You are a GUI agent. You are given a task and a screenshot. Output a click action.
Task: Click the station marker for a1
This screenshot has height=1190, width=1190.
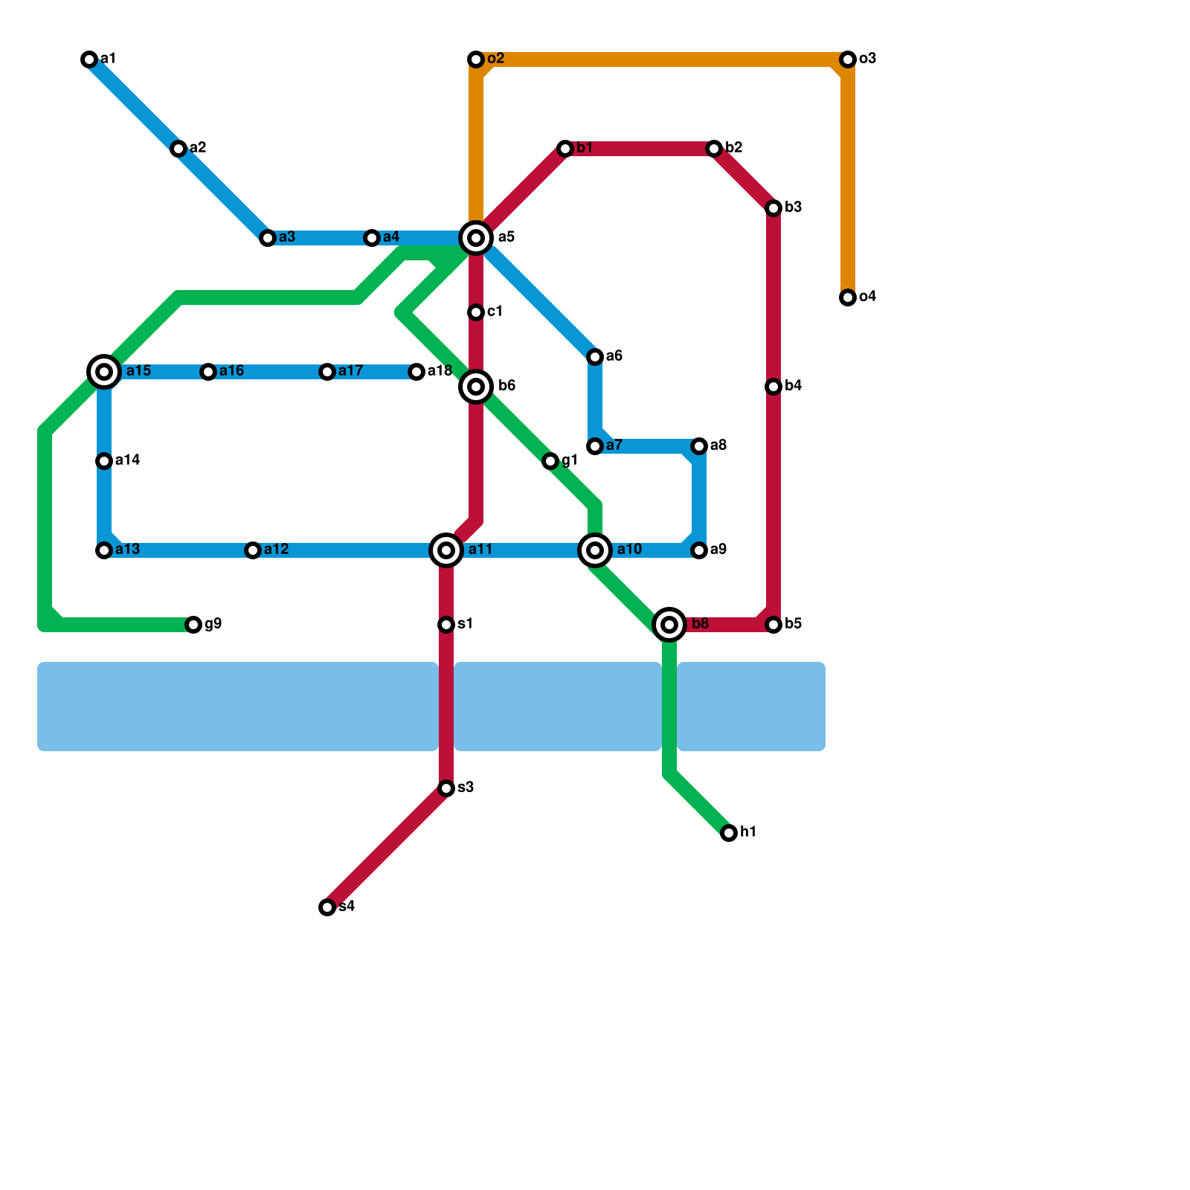(x=89, y=59)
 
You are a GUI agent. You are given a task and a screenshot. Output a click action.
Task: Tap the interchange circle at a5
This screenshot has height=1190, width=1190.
(x=476, y=238)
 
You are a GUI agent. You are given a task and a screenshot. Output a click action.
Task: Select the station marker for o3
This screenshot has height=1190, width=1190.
(x=848, y=59)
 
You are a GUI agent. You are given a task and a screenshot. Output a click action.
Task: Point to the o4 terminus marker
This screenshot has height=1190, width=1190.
(x=848, y=297)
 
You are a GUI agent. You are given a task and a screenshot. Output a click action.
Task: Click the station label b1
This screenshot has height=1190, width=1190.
(x=585, y=148)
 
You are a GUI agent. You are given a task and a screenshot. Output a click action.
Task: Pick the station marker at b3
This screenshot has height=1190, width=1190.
(x=773, y=208)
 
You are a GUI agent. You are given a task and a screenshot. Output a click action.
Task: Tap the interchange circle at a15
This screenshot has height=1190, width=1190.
(x=104, y=372)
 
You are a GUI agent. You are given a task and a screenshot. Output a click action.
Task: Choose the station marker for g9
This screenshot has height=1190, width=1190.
(x=193, y=625)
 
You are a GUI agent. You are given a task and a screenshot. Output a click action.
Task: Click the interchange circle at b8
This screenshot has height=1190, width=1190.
(x=669, y=625)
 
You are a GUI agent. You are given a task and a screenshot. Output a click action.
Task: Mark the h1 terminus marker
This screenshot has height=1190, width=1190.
(x=729, y=833)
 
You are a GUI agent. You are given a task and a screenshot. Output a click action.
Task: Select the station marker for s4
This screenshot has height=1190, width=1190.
(x=327, y=907)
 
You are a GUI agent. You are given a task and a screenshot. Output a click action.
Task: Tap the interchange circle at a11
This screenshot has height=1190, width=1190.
(x=446, y=550)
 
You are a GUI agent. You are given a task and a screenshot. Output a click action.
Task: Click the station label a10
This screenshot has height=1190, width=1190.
(x=629, y=550)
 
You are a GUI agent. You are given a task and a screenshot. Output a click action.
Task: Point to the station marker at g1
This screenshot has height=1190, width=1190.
(x=550, y=461)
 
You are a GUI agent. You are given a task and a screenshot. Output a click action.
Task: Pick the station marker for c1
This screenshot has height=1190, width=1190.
(x=476, y=312)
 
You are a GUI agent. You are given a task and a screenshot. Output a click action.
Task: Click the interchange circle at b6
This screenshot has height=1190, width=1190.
(x=476, y=387)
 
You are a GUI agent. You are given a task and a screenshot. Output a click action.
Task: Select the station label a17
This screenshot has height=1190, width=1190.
(x=350, y=371)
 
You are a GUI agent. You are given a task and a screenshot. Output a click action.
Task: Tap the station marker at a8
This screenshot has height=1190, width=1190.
(x=699, y=446)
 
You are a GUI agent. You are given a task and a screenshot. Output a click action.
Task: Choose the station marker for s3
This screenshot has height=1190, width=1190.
(x=446, y=788)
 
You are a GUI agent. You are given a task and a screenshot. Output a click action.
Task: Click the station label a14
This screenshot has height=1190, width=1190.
(x=128, y=460)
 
